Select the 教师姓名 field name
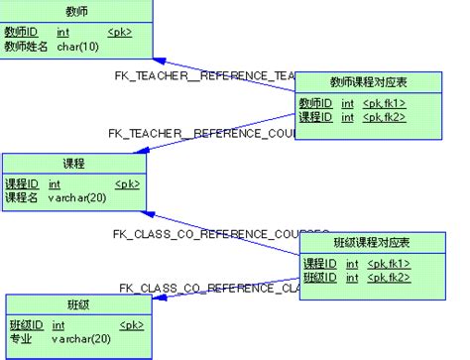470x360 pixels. [x=26, y=46]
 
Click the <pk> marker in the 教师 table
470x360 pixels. [x=119, y=32]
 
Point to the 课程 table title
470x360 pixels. [x=72, y=164]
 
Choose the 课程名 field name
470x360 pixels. [x=22, y=197]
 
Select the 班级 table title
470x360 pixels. [x=78, y=304]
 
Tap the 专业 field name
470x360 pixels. [x=20, y=338]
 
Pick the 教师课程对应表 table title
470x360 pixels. [x=369, y=81]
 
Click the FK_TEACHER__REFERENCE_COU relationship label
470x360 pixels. [x=203, y=132]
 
